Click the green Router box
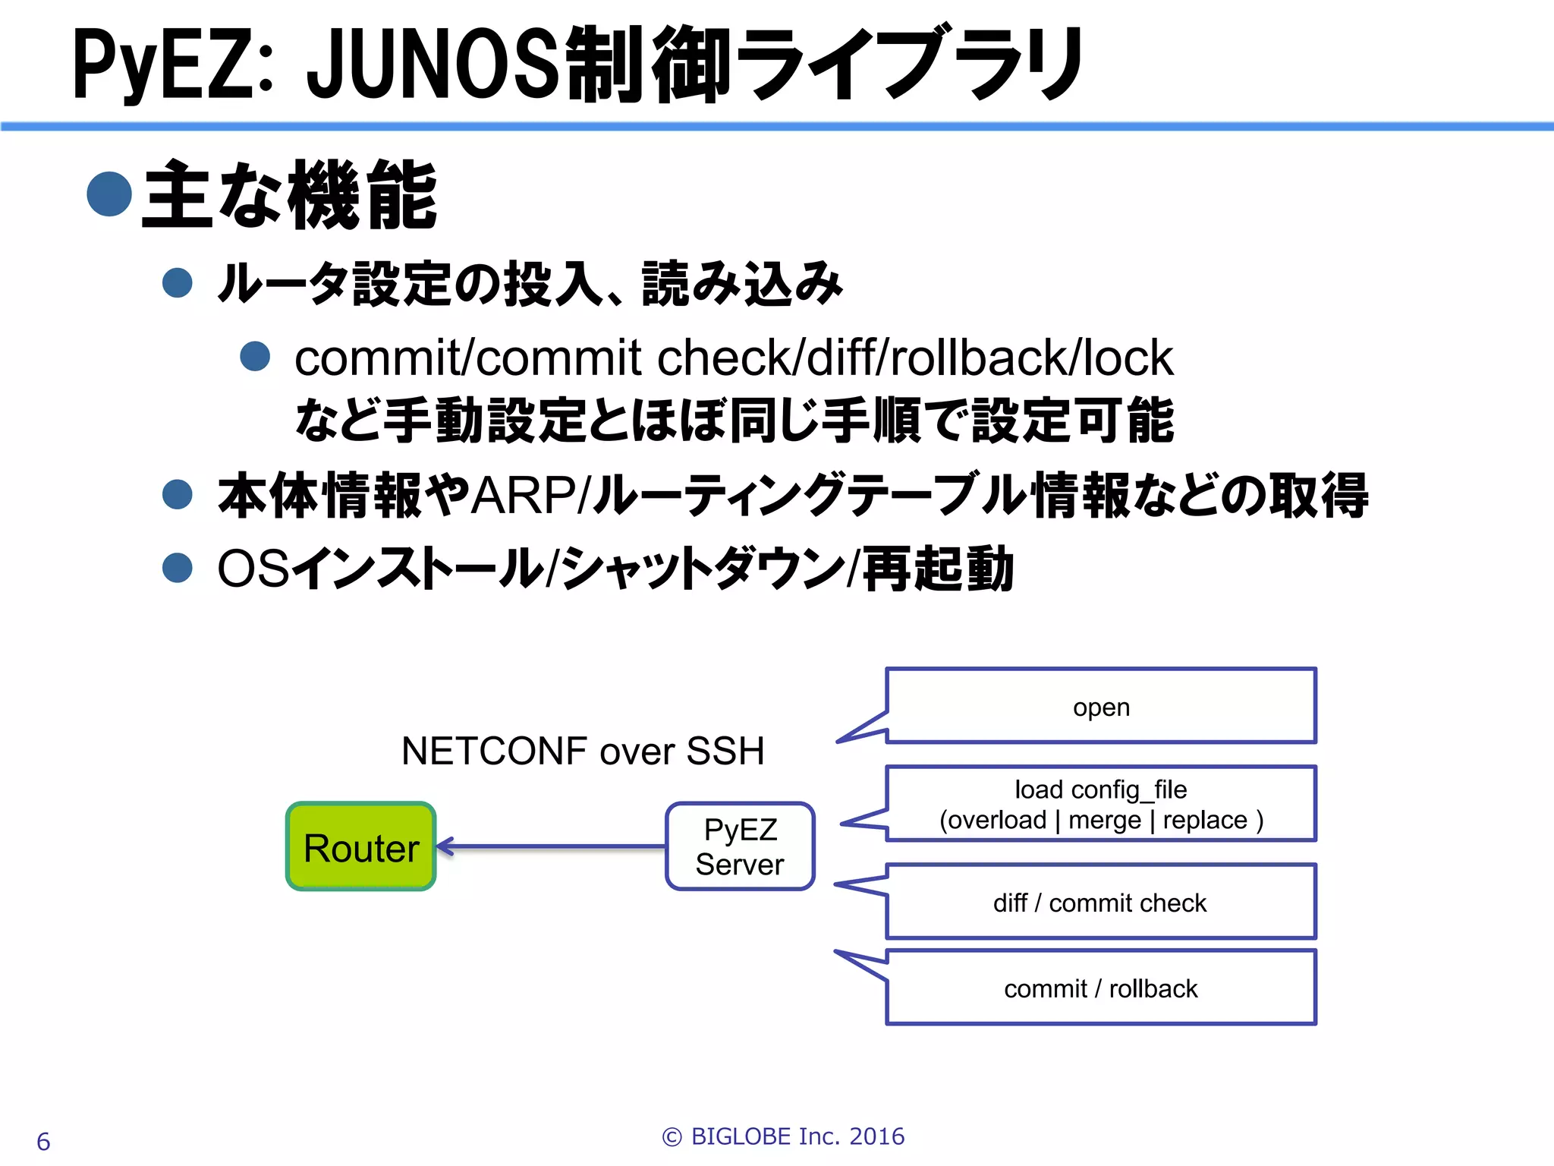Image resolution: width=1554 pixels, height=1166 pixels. tap(361, 846)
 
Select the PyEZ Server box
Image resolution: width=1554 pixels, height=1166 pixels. tap(740, 846)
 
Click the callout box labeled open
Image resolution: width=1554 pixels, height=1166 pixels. tap(1100, 706)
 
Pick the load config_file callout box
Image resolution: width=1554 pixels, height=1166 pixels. tap(1100, 804)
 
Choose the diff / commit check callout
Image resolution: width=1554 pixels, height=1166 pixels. tap(1100, 902)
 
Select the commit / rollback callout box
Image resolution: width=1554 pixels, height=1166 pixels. tap(1100, 988)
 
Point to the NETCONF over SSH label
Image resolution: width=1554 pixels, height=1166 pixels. tap(583, 751)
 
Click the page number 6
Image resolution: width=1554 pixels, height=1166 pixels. tap(43, 1141)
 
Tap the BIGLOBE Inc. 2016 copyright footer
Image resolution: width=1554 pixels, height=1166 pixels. tap(783, 1136)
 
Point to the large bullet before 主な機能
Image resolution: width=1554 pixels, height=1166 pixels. tap(110, 194)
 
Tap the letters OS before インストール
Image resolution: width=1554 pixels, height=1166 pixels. tap(253, 569)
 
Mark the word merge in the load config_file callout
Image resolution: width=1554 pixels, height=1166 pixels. tap(1104, 820)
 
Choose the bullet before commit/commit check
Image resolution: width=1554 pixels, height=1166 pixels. tap(255, 356)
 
